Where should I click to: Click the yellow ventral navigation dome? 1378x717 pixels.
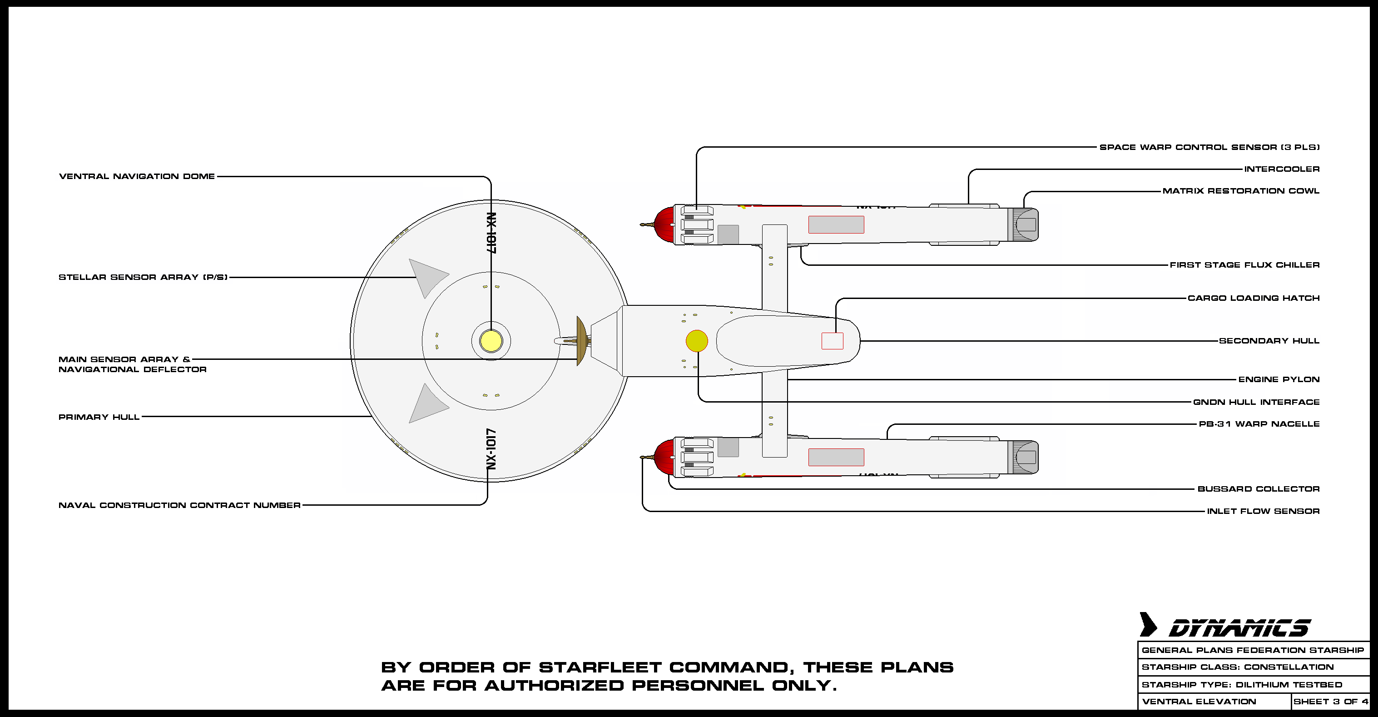click(491, 341)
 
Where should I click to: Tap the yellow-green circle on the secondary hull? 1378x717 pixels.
click(696, 341)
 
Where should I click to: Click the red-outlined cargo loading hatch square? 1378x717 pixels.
click(833, 341)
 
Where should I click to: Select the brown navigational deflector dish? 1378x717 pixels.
click(581, 341)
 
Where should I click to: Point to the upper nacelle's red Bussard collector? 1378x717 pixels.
click(664, 225)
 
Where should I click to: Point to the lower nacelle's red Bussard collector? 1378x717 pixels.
click(664, 457)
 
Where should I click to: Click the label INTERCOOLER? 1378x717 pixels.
click(1282, 169)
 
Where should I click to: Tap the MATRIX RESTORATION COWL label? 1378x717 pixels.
click(1240, 191)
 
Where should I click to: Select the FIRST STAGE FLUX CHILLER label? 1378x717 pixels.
click(1244, 265)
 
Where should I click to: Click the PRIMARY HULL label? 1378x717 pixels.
click(99, 417)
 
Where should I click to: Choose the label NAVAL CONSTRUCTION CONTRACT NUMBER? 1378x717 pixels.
click(179, 505)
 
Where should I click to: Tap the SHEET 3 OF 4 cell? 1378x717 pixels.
click(1330, 702)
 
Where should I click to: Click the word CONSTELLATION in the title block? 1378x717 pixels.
click(1289, 667)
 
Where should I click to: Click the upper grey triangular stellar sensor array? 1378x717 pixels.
click(426, 278)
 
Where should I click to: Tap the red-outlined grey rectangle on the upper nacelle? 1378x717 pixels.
click(836, 225)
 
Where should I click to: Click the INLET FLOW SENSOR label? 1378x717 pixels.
click(1263, 511)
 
